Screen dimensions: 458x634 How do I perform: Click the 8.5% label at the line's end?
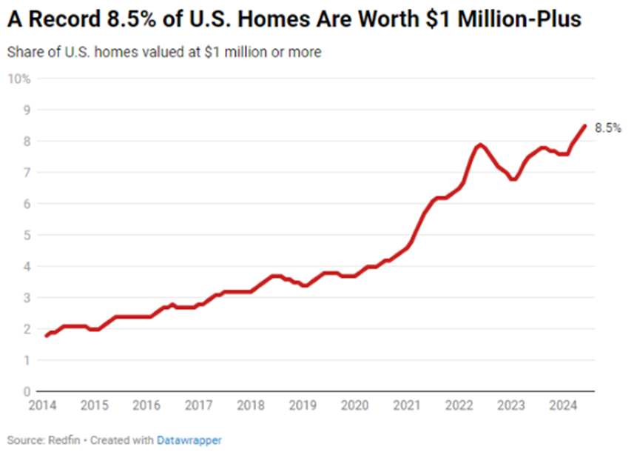[x=608, y=128]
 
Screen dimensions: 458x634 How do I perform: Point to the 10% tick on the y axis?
[x=20, y=79]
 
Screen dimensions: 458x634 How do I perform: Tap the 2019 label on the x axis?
[x=303, y=405]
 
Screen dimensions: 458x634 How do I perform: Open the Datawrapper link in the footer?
[x=189, y=440]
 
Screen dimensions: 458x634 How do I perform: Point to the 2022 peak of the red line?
[x=480, y=145]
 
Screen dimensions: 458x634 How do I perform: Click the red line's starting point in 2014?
[x=46, y=336]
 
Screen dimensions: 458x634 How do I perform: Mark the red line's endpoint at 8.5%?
[x=585, y=126]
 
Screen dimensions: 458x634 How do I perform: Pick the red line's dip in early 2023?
[x=513, y=179]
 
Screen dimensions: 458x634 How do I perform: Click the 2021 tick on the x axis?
[x=407, y=405]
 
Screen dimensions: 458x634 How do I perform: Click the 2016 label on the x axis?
[x=146, y=405]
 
